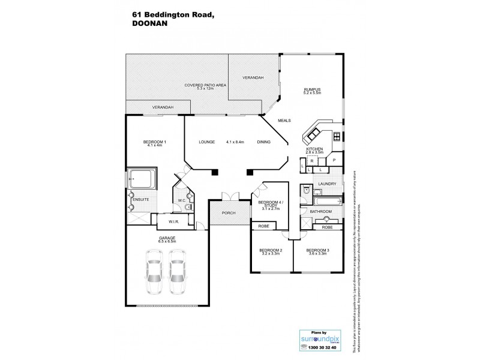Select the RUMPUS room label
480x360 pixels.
pos(313,90)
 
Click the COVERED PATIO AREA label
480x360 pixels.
pos(205,86)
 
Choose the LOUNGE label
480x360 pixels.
pos(208,142)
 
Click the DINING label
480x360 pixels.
pos(264,142)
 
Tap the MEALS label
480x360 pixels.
pos(284,121)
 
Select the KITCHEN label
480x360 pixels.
pos(315,148)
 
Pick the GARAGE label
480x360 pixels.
pos(167,238)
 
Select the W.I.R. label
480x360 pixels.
pos(174,222)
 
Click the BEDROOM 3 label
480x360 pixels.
pos(318,250)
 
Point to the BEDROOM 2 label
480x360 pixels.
pos(271,250)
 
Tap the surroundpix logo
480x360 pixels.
pos(318,338)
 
